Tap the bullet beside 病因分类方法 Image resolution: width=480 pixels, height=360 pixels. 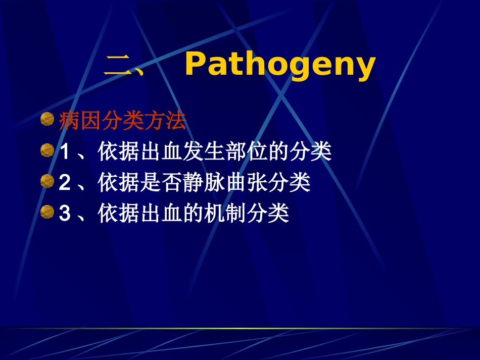[47, 120]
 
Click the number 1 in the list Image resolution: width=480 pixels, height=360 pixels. [64, 152]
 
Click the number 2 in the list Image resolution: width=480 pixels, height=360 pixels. [64, 183]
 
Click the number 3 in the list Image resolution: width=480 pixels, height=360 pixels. [64, 214]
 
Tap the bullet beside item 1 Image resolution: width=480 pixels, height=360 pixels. [47, 151]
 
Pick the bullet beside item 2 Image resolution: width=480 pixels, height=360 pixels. [47, 182]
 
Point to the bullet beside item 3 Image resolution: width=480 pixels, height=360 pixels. [47, 213]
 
